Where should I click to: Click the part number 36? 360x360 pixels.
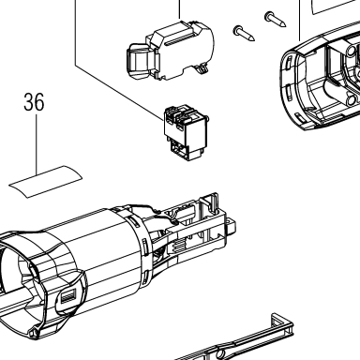[x=34, y=102]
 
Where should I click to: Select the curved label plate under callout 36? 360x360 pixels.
[x=46, y=182]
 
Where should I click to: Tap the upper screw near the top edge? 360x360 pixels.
[x=275, y=19]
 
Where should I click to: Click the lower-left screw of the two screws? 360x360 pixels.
[x=244, y=34]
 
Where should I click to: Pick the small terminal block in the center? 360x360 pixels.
[x=187, y=133]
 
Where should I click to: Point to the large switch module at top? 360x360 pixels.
[x=171, y=52]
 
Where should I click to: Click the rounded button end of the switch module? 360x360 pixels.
[x=139, y=61]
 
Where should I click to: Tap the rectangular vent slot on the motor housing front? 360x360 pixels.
[x=67, y=295]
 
